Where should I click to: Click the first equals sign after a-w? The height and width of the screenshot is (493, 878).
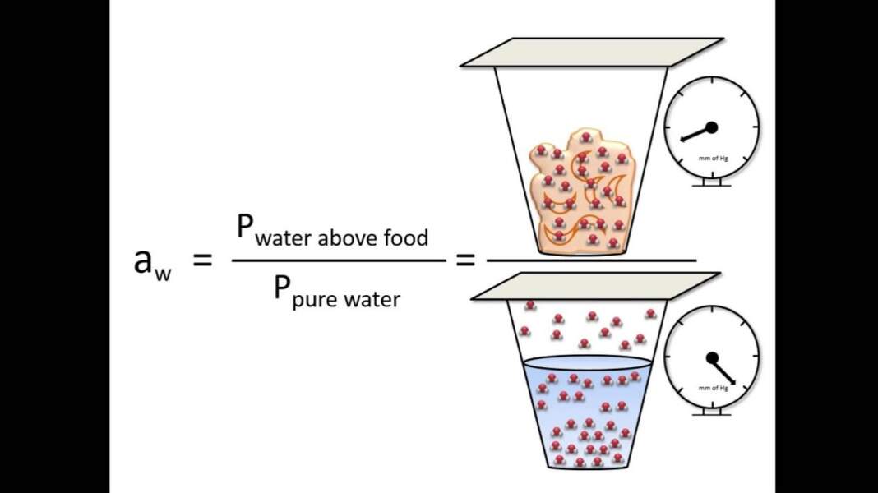click(202, 260)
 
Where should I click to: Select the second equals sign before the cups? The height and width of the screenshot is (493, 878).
click(465, 260)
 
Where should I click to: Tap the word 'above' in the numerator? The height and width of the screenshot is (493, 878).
click(349, 238)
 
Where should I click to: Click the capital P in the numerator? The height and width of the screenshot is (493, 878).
click(244, 227)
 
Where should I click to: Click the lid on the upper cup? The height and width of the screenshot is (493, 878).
click(592, 52)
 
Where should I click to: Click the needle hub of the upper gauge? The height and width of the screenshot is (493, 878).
click(711, 127)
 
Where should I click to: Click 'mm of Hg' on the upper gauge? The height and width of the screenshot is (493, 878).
click(712, 158)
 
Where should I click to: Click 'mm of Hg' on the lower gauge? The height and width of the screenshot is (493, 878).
click(712, 388)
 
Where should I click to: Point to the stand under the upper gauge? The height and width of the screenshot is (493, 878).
click(712, 182)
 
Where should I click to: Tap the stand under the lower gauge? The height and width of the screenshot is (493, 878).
click(712, 412)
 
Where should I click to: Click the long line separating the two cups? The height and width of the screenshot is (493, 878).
click(592, 260)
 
